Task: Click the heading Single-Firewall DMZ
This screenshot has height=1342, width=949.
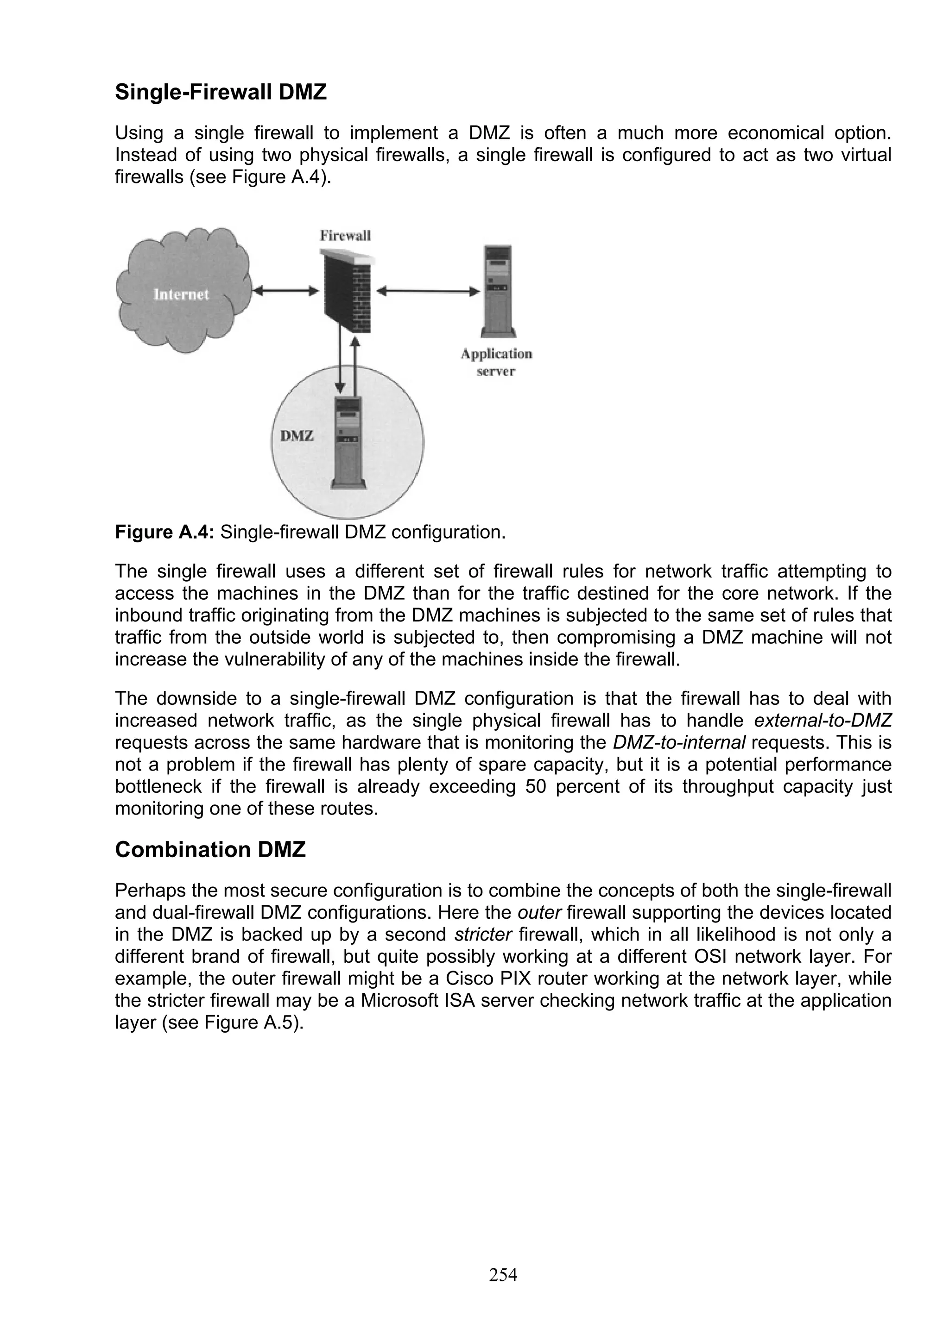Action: [x=221, y=92]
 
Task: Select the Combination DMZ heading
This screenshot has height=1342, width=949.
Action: [x=210, y=849]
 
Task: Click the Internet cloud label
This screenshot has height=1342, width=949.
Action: [x=181, y=294]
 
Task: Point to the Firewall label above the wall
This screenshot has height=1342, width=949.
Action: [x=345, y=236]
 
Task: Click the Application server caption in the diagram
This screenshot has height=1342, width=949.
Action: [x=496, y=363]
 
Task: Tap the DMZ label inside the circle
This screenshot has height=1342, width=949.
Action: [x=297, y=435]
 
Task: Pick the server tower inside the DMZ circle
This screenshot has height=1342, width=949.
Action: [x=348, y=442]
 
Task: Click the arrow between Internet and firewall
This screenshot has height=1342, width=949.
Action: [x=286, y=290]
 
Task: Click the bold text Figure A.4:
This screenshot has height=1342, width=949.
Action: [x=165, y=533]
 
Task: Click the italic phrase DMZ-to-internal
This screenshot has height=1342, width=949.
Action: [x=679, y=743]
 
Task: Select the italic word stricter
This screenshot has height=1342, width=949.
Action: [x=483, y=934]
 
